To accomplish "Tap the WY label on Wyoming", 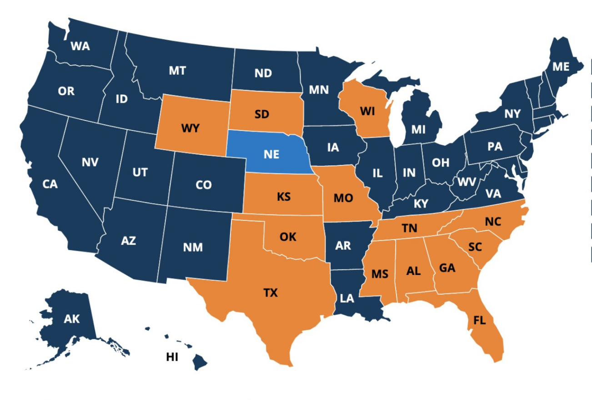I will click(190, 128).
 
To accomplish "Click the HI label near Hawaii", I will click(172, 357).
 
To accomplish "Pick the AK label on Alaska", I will click(71, 319).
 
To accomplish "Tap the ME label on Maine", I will click(561, 67).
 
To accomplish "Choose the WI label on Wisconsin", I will click(367, 111).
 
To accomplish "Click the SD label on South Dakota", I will click(262, 114).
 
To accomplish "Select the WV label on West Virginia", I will click(467, 182).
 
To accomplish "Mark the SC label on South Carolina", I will click(475, 246).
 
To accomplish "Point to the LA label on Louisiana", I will click(347, 299).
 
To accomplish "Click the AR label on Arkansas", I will click(343, 245).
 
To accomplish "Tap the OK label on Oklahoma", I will click(288, 236).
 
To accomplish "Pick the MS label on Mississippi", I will click(379, 274).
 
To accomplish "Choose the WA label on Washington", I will click(80, 46).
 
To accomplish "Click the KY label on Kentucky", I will click(421, 204).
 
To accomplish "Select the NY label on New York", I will click(512, 114).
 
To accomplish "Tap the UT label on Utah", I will click(140, 172).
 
